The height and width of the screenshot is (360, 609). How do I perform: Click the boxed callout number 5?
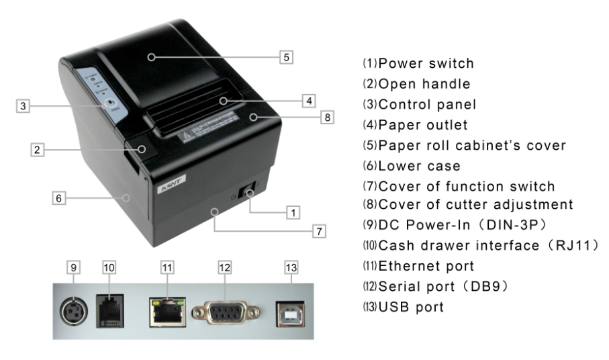click(287, 57)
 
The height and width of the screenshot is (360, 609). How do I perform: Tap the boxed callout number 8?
click(326, 118)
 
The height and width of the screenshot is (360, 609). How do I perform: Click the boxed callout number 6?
click(60, 198)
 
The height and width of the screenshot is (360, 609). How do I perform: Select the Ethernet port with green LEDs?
click(167, 309)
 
